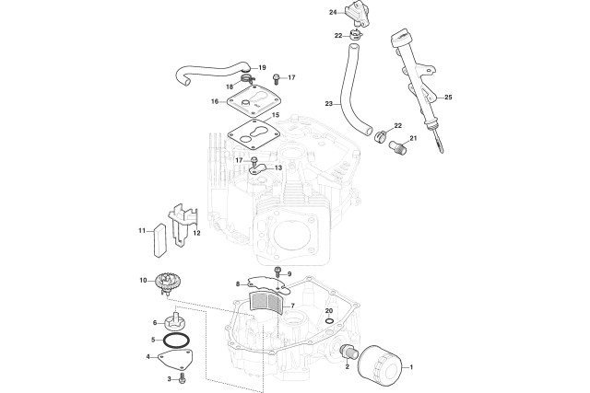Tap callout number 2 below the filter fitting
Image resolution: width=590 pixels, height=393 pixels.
(x=347, y=366)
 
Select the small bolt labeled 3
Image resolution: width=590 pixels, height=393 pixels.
(x=182, y=377)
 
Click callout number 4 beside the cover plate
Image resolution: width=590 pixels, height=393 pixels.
(x=147, y=356)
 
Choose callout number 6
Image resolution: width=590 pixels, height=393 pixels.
(x=154, y=322)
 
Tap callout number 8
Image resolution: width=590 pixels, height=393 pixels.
(x=237, y=284)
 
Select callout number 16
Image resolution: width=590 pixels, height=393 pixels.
(x=215, y=101)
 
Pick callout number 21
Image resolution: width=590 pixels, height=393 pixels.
(x=414, y=139)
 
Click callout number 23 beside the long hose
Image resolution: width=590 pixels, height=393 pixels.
(x=328, y=104)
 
